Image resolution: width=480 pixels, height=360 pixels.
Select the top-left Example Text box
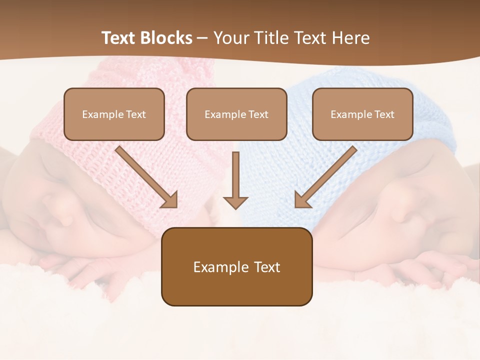(x=114, y=114)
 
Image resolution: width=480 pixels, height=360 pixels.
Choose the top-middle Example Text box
(x=236, y=114)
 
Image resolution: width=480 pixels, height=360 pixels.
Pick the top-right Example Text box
(x=362, y=114)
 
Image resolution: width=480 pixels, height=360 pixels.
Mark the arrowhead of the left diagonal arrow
(x=170, y=200)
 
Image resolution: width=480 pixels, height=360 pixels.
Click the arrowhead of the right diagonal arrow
(x=302, y=200)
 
